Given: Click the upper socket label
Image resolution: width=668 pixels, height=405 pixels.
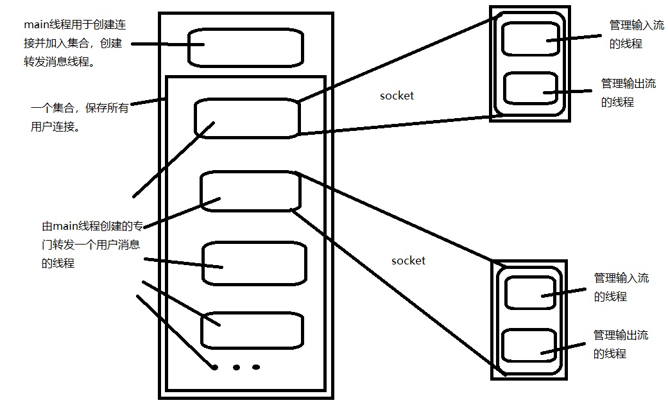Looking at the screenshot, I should (x=397, y=96).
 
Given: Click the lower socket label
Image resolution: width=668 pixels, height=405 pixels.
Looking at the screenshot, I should (x=408, y=261).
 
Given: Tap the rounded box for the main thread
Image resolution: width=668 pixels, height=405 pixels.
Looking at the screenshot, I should (x=245, y=46).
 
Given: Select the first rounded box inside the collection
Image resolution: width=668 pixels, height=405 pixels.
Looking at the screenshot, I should (x=247, y=118).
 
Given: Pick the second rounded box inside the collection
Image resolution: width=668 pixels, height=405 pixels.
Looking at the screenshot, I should (x=250, y=191).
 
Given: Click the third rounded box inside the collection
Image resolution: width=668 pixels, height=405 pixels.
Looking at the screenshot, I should (x=254, y=263).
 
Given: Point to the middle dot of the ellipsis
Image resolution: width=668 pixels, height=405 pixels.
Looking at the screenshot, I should (x=236, y=368).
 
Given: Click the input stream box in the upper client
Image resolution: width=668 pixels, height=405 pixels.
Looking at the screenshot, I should (x=530, y=39).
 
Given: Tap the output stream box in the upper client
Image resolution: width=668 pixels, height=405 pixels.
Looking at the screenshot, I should (x=530, y=89).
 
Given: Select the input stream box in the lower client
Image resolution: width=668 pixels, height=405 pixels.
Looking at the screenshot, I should (x=530, y=293).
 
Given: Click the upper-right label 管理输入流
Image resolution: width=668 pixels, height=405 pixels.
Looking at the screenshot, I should (x=636, y=26).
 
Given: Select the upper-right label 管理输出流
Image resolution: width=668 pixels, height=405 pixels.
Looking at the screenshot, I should (x=628, y=83).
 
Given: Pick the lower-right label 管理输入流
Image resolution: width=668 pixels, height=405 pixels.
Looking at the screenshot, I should (x=621, y=278).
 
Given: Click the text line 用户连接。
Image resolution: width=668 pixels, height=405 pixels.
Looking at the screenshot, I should (x=55, y=127).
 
